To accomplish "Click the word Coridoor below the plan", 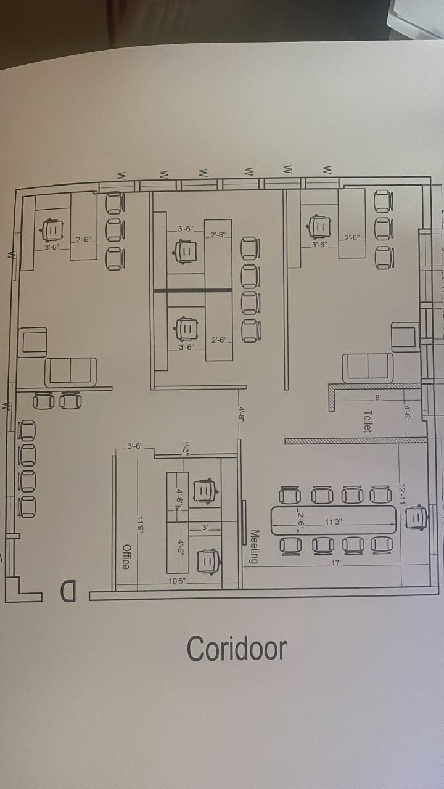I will [237, 648].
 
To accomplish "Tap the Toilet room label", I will [368, 422].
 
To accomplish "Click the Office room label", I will [126, 557].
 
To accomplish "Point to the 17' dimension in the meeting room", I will [337, 563].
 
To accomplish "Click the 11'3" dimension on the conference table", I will [334, 521].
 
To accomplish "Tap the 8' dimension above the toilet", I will [378, 399].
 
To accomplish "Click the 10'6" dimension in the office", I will [176, 581].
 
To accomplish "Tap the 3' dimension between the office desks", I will [206, 528].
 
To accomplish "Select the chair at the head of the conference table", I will [416, 517].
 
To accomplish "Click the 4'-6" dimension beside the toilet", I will [408, 412].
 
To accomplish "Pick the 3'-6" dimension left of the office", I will [135, 446].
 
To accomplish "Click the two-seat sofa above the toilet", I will [368, 367].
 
